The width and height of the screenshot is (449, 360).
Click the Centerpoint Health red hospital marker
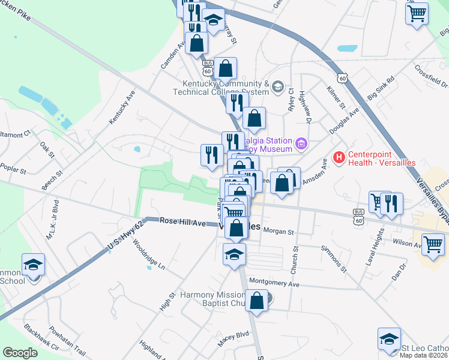point(339,158)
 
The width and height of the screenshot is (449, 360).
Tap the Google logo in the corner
point(20,353)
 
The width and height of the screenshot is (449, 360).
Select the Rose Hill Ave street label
point(183,222)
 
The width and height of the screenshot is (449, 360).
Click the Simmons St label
point(334,259)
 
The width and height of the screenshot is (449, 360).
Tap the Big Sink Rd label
point(381,88)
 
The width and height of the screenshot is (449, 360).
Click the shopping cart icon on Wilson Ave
point(433,244)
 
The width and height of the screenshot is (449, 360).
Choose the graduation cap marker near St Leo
point(389,339)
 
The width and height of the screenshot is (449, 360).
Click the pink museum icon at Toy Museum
point(301,144)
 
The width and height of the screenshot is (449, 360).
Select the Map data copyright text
point(424,355)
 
